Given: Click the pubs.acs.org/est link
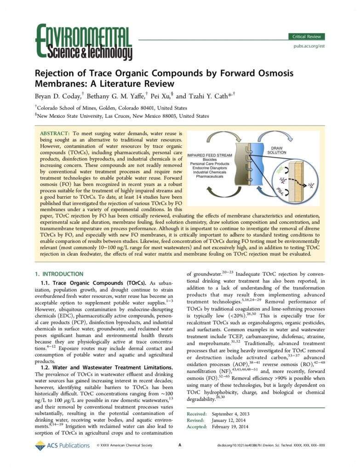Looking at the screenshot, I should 309,46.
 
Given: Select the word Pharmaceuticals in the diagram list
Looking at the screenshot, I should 213,176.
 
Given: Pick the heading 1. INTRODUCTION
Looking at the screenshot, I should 59,274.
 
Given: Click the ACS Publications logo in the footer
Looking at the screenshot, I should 63,445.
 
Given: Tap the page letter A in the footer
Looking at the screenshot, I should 180,445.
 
